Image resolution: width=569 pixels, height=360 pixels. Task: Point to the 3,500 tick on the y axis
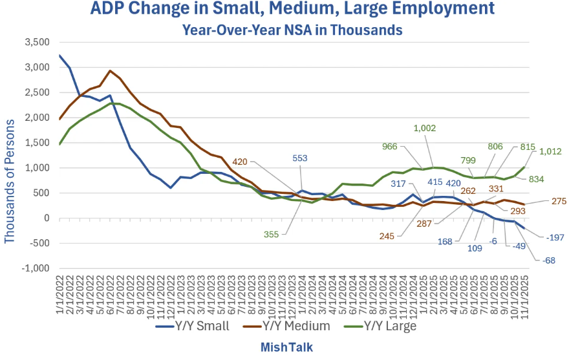coord(38,43)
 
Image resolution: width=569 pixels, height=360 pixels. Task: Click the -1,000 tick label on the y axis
coord(36,268)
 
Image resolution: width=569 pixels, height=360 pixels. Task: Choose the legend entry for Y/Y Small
coord(193,326)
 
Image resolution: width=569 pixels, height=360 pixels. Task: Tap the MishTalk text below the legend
coord(286,347)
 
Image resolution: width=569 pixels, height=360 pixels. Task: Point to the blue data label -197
coord(554,238)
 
